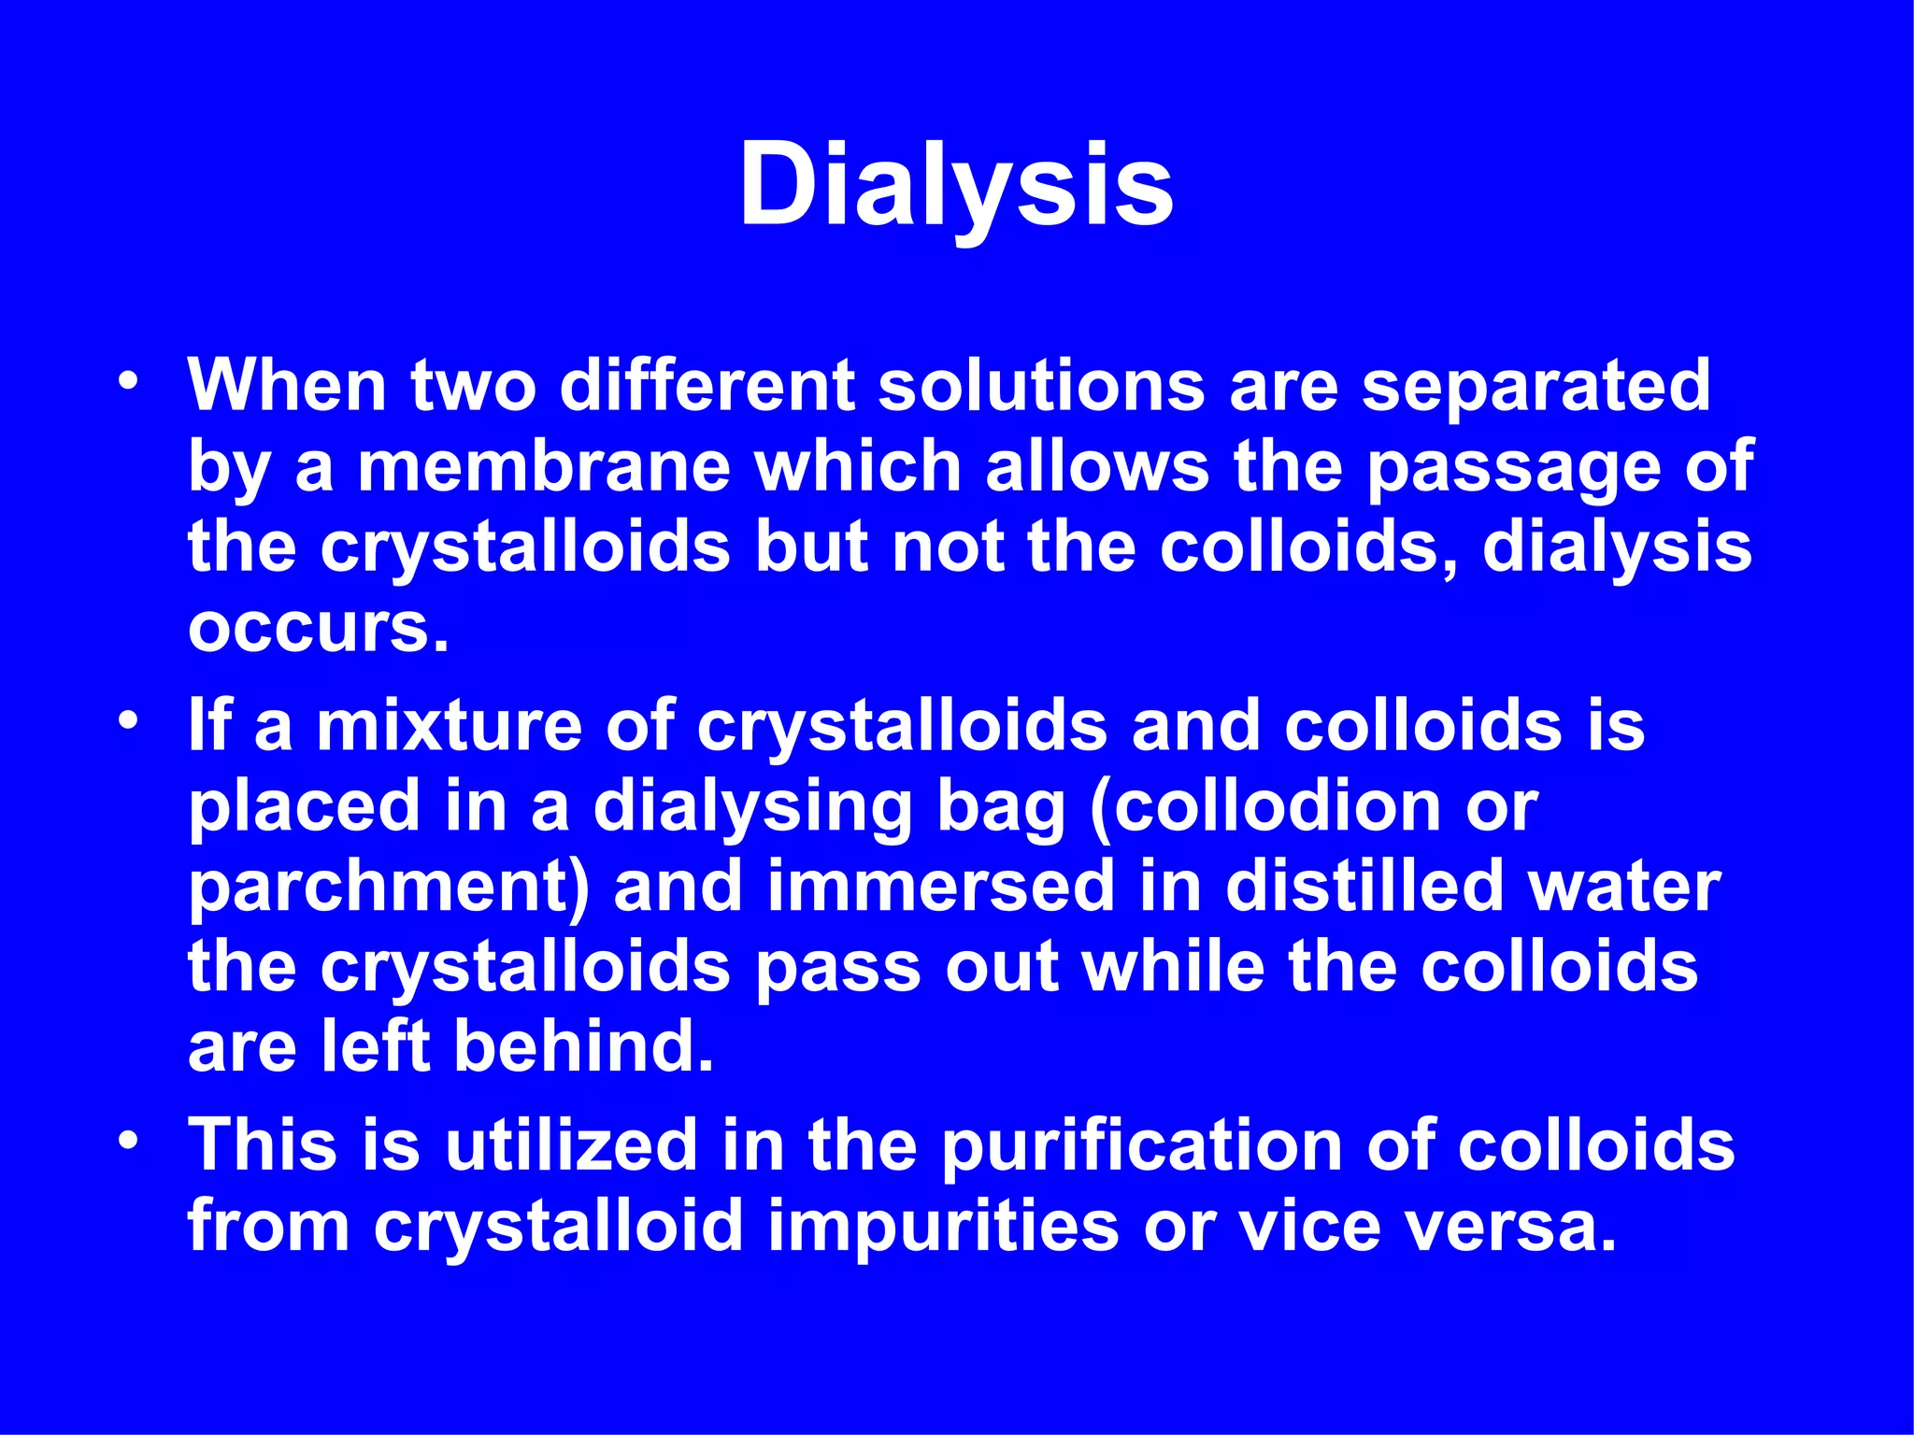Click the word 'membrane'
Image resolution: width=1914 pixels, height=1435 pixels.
point(543,466)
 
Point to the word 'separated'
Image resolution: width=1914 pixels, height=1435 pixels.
point(1535,386)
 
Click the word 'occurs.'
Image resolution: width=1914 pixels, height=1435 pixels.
point(319,628)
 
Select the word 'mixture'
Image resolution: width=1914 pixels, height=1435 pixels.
point(450,726)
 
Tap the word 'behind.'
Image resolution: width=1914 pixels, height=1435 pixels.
point(584,1046)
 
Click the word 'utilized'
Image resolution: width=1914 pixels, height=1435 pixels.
point(570,1145)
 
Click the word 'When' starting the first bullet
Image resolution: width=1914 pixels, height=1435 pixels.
point(287,386)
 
